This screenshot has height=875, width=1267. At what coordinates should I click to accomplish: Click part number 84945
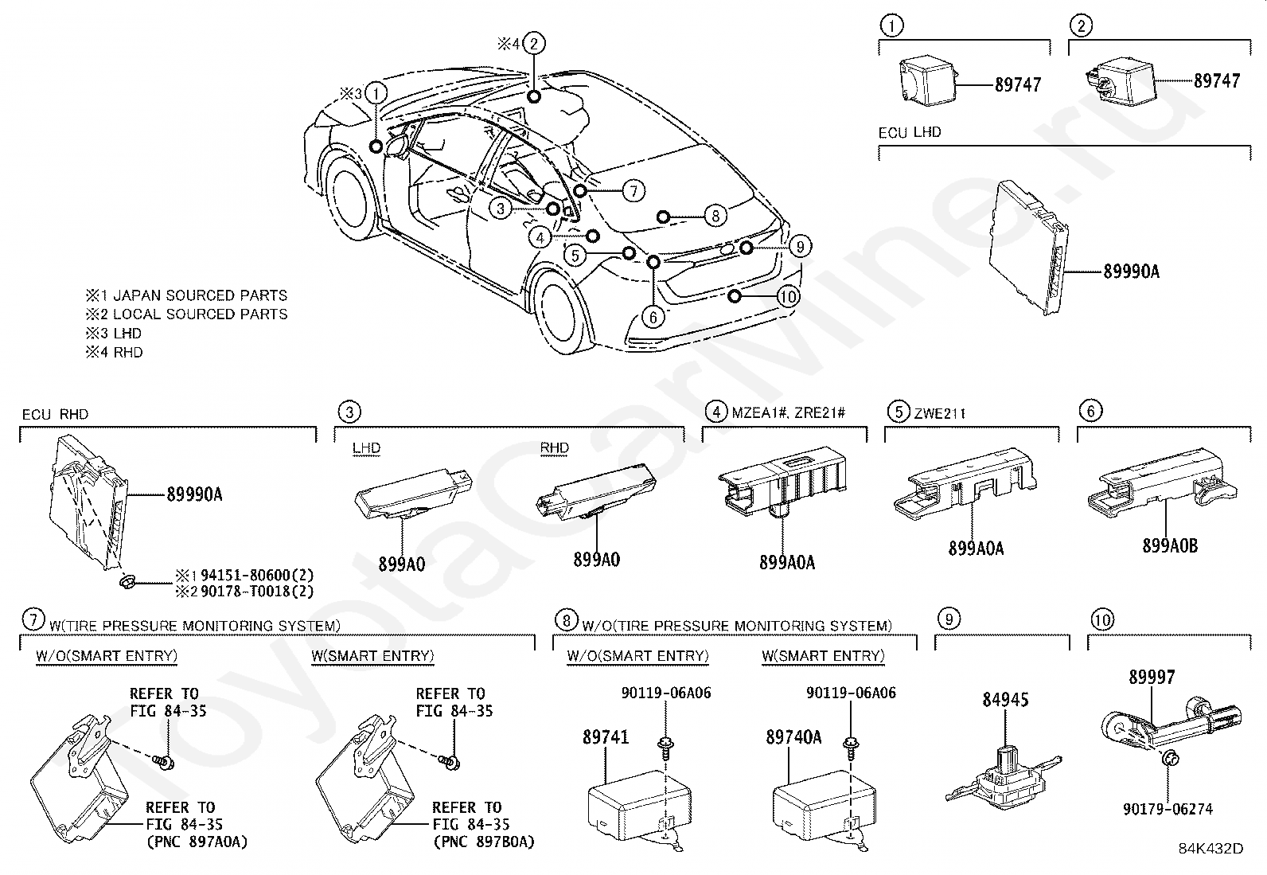(x=1005, y=700)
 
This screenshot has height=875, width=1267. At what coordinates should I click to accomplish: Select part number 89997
(x=1152, y=678)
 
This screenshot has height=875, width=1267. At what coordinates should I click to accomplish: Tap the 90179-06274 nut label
(x=1168, y=809)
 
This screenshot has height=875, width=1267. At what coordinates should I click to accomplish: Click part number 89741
(x=606, y=737)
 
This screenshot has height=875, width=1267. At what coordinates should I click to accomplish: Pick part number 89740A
(x=793, y=737)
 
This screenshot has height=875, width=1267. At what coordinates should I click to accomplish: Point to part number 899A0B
(x=1170, y=546)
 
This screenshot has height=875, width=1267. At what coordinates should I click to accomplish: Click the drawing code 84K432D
(x=1210, y=849)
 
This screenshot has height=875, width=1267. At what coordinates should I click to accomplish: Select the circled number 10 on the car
(x=788, y=297)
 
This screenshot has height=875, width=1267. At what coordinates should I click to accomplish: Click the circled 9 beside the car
(x=799, y=246)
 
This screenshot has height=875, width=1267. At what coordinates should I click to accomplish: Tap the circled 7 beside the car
(x=633, y=191)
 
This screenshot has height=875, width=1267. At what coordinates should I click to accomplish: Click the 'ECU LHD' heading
(x=910, y=132)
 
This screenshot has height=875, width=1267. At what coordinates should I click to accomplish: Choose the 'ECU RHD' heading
(x=55, y=414)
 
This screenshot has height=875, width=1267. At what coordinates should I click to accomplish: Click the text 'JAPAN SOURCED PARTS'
(x=200, y=295)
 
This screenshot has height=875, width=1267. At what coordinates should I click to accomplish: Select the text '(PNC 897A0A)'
(x=197, y=842)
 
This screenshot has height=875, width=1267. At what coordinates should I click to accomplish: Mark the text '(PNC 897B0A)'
(x=483, y=842)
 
